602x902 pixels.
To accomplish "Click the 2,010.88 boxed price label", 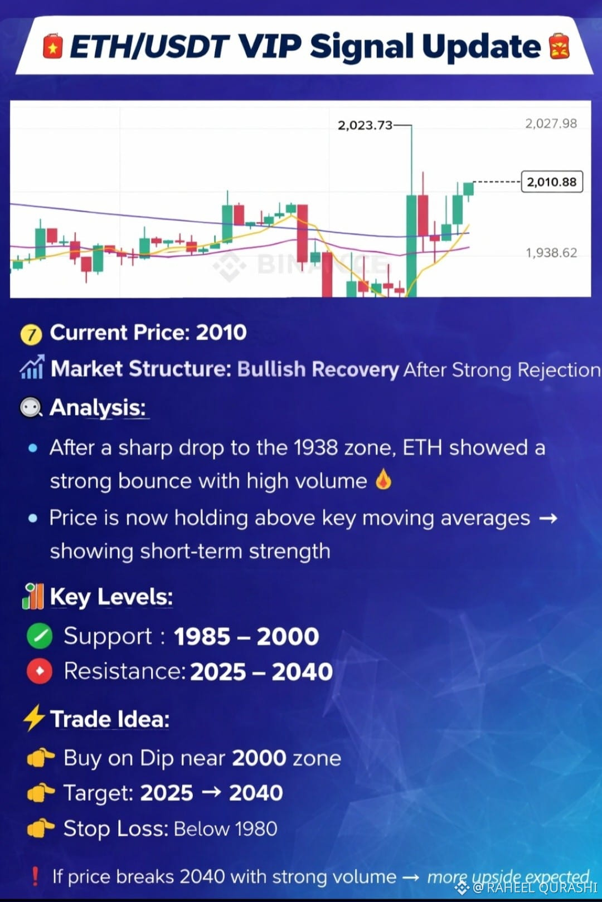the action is click(552, 182).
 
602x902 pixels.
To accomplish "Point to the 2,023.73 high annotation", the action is click(365, 126).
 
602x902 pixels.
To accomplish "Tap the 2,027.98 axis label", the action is click(551, 124).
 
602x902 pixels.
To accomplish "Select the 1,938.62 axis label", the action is click(551, 253).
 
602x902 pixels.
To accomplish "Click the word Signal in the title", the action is click(362, 47).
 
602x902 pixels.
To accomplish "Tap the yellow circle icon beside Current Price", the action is click(31, 335).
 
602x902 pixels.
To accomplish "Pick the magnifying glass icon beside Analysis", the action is click(31, 408).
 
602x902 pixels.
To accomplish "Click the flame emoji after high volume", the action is click(383, 480).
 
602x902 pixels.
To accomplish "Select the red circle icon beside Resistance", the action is click(40, 671).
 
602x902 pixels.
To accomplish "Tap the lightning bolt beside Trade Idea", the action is click(34, 718).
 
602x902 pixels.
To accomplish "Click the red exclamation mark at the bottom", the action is click(36, 876).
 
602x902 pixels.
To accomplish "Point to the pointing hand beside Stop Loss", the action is click(40, 828).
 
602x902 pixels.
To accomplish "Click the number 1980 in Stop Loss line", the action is click(256, 828).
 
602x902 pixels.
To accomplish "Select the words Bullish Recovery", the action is click(318, 369).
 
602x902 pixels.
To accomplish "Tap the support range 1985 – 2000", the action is click(246, 637).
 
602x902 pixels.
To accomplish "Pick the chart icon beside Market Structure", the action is click(31, 367).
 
